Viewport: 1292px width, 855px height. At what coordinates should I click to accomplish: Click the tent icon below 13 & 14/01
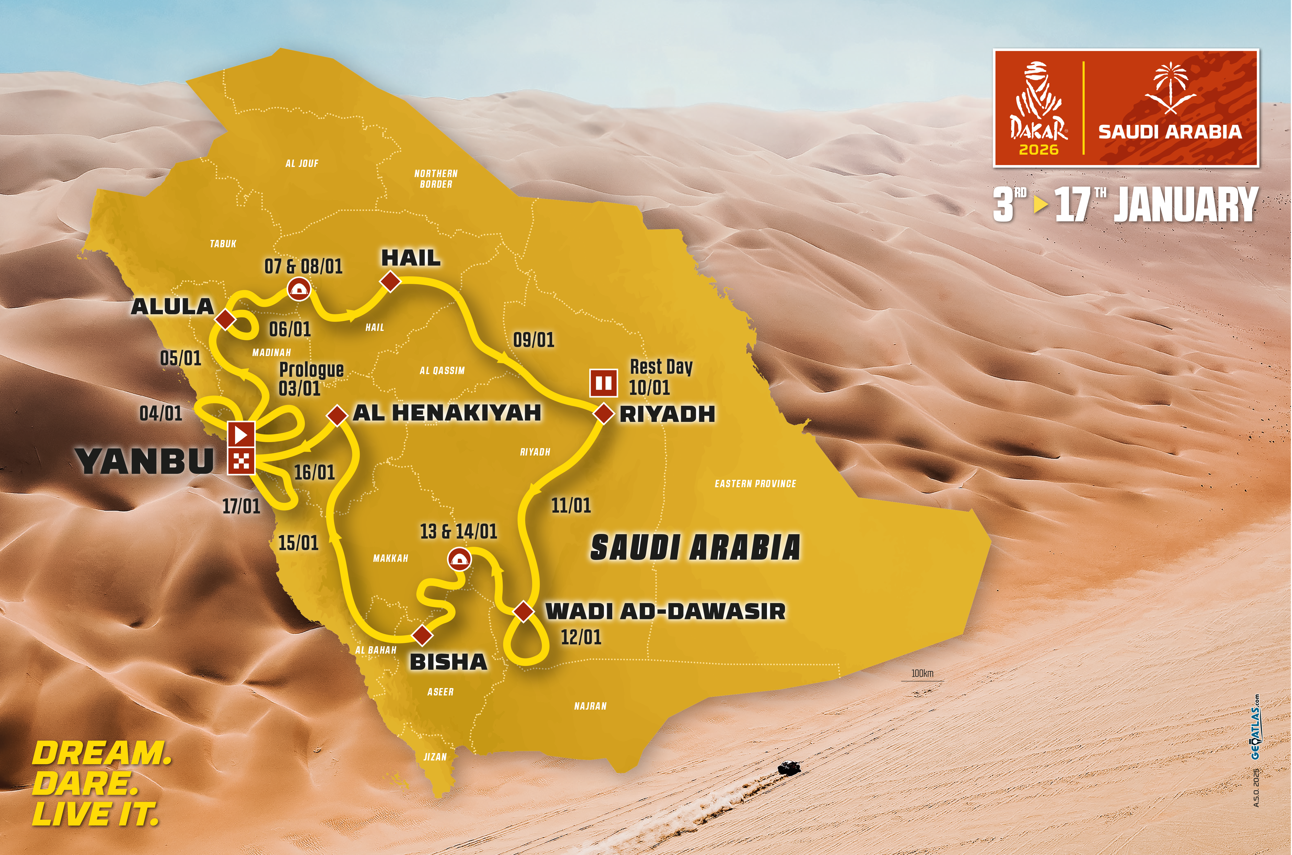coord(459,559)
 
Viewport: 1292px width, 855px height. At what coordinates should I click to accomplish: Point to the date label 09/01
coord(533,340)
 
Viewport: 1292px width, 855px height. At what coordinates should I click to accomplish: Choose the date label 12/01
coord(581,637)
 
